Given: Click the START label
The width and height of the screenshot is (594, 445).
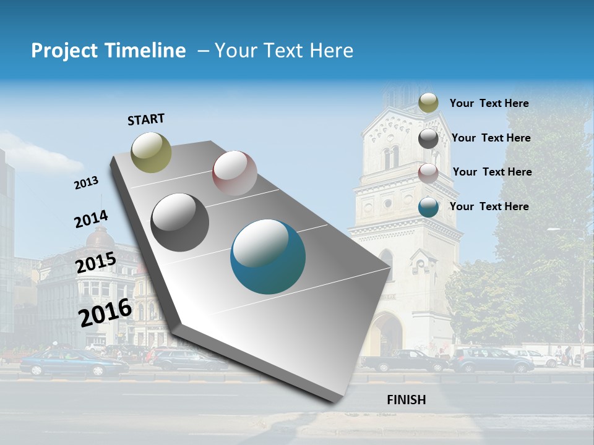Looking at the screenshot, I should pos(146,119).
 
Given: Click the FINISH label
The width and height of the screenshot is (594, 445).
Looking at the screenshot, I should pos(406,400).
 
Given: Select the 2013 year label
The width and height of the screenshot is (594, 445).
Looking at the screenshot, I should pos(86,183).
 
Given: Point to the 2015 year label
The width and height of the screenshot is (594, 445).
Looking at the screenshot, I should pos(95,263).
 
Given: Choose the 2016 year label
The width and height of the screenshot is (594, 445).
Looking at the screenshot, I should pos(105,312).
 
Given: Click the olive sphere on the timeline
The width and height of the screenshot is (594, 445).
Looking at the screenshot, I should pos(151,152).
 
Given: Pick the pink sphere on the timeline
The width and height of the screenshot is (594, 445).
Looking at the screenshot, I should pos(235,173).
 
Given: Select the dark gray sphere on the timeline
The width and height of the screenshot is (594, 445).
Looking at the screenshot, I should pos(180,222).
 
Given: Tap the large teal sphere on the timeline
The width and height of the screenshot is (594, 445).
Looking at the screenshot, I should pos(268,256).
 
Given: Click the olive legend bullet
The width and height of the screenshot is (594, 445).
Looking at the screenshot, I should pos(428,103).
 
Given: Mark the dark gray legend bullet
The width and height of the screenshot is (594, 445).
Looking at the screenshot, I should pos(428,138).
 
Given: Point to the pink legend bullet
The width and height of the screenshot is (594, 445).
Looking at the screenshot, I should pos(428,172).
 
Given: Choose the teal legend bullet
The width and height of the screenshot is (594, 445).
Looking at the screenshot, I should pos(428,207).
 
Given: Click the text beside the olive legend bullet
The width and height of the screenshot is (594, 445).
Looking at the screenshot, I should pos(489,103).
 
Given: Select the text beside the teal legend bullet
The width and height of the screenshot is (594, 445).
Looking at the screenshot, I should pos(489,206).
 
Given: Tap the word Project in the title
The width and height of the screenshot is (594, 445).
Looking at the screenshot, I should pos(63,51).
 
